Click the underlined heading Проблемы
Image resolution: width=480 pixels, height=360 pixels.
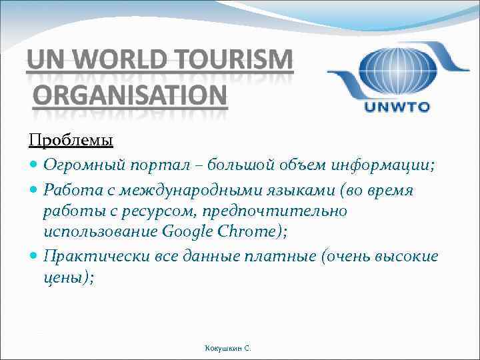71,141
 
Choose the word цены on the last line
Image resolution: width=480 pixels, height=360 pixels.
65,277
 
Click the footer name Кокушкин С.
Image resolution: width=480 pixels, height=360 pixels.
229,348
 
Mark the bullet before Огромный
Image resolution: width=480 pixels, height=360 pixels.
34,166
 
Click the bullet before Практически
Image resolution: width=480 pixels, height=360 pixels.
34,257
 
